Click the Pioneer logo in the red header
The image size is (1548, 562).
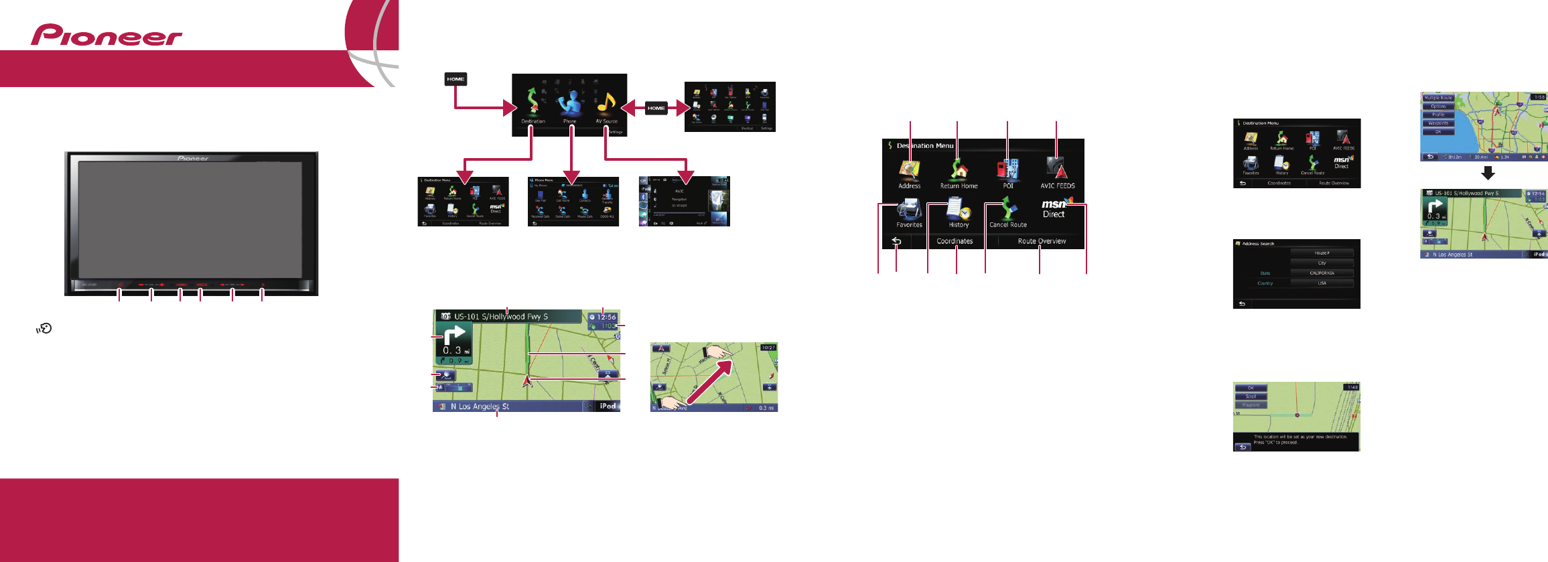click(106, 36)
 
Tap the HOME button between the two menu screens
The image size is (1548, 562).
click(656, 108)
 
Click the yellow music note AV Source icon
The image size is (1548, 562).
click(606, 103)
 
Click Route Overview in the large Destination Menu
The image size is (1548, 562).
click(1042, 241)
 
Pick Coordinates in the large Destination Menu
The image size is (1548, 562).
click(955, 241)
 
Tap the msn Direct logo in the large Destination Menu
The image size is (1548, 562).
click(1055, 208)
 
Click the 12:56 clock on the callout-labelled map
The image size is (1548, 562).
click(603, 317)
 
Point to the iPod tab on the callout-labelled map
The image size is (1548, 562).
click(608, 406)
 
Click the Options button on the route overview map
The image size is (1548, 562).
click(1438, 107)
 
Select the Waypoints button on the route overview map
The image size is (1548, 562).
click(1438, 123)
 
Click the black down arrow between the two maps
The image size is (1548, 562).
click(1488, 173)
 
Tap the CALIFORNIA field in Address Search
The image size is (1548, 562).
click(1322, 273)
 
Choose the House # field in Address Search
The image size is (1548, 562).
click(1322, 253)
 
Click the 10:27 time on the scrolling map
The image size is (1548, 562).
click(768, 348)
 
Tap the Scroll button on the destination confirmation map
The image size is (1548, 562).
click(1251, 397)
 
